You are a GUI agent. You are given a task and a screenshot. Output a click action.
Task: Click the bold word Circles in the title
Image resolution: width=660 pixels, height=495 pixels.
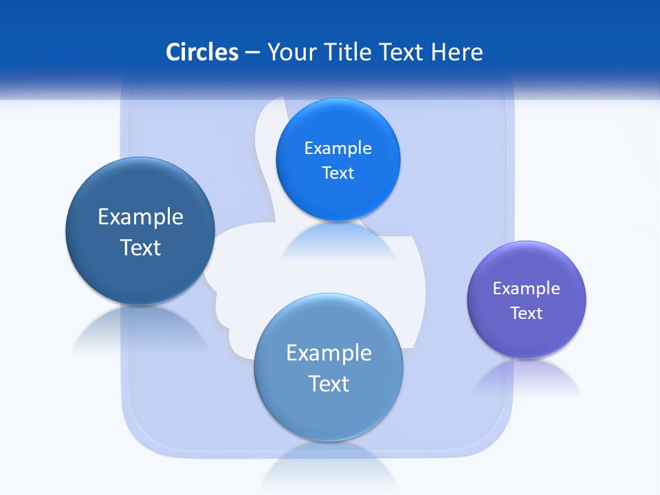(x=201, y=52)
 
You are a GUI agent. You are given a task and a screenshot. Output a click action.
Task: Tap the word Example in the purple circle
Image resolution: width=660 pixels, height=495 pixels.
(x=527, y=288)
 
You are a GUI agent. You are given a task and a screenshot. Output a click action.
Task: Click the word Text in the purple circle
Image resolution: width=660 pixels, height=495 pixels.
(x=527, y=313)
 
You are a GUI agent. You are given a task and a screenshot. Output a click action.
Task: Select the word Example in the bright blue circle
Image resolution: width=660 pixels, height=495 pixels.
(x=338, y=148)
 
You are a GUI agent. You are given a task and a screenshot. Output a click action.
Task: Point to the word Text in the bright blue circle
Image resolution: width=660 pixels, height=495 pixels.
(x=338, y=173)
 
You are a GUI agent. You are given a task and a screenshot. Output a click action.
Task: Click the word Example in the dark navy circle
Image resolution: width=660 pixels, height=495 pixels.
(x=140, y=217)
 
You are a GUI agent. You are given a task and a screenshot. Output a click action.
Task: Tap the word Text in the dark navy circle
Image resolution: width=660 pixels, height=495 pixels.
(x=140, y=247)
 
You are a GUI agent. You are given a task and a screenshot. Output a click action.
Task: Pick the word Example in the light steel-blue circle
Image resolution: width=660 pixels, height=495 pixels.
(x=329, y=353)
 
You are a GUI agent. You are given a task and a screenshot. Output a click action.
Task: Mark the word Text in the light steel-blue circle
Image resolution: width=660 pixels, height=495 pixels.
(x=329, y=384)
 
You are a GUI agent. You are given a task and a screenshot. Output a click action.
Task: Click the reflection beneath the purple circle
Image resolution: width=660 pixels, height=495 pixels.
(x=527, y=378)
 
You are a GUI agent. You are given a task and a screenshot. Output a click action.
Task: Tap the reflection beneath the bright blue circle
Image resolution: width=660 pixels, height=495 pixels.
(x=338, y=241)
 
